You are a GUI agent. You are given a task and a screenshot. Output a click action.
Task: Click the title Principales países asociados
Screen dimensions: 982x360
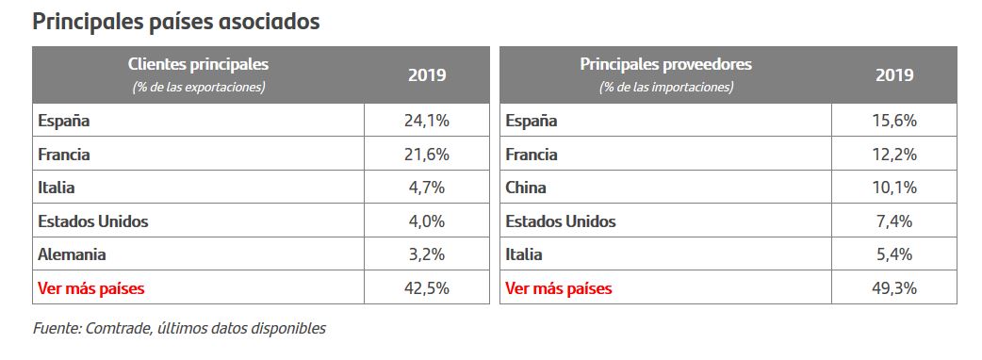click(x=176, y=22)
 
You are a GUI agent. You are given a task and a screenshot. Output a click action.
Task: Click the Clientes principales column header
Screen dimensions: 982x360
click(x=198, y=64)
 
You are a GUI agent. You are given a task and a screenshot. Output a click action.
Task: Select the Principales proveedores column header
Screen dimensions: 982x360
click(x=665, y=64)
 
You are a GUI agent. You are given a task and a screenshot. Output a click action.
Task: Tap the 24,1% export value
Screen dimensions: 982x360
click(x=427, y=121)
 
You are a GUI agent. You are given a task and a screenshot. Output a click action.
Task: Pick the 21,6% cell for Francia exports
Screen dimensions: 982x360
click(x=427, y=154)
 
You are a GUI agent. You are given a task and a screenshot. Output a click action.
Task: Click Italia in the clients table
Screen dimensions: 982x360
click(x=57, y=188)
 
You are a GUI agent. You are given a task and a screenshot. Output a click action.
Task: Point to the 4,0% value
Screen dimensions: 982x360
click(x=427, y=221)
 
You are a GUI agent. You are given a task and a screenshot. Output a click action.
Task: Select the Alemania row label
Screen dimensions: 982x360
click(x=72, y=254)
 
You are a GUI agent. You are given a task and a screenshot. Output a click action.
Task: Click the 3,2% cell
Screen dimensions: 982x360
click(x=427, y=254)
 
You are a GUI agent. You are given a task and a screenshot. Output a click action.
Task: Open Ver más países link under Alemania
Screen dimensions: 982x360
click(x=91, y=288)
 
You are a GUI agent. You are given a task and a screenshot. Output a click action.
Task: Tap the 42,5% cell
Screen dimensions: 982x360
click(x=427, y=288)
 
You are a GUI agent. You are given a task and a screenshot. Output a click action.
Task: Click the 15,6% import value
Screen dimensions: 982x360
click(x=894, y=121)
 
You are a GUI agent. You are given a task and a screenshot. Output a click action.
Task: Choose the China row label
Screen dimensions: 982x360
click(x=526, y=188)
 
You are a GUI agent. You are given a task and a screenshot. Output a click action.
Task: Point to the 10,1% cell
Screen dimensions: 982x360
click(x=894, y=188)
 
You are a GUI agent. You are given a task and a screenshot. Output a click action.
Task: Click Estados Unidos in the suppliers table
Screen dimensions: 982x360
click(x=561, y=221)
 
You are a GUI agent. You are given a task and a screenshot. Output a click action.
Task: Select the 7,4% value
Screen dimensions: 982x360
click(x=894, y=221)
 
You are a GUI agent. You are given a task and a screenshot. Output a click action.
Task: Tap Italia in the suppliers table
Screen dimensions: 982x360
click(x=524, y=254)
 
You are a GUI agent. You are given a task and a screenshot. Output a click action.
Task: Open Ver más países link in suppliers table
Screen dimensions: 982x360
click(x=559, y=288)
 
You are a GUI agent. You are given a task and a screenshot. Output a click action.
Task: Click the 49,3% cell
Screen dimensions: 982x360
click(x=894, y=288)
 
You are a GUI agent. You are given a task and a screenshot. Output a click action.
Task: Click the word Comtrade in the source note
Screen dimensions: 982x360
click(x=117, y=328)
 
